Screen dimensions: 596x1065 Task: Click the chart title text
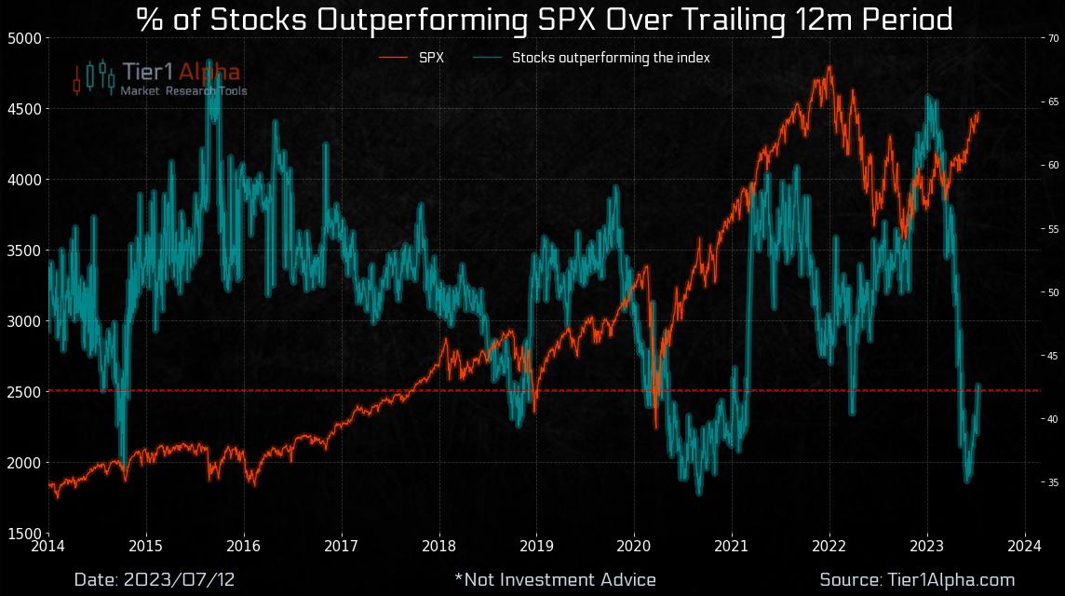pyautogui.click(x=545, y=20)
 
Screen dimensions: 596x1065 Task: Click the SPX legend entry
pyautogui.click(x=431, y=58)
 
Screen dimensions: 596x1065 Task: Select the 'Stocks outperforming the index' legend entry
pyautogui.click(x=611, y=58)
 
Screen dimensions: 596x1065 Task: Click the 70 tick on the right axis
pyautogui.click(x=1053, y=38)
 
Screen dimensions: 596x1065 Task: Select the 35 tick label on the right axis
pyautogui.click(x=1053, y=482)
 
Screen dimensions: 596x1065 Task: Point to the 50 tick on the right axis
pyautogui.click(x=1053, y=292)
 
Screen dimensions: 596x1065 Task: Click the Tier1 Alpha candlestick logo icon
pyautogui.click(x=93, y=78)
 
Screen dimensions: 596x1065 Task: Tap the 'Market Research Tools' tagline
pyautogui.click(x=183, y=91)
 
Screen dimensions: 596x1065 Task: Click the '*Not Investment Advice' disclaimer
pyautogui.click(x=555, y=579)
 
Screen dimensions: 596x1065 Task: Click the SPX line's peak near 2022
pyautogui.click(x=829, y=68)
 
